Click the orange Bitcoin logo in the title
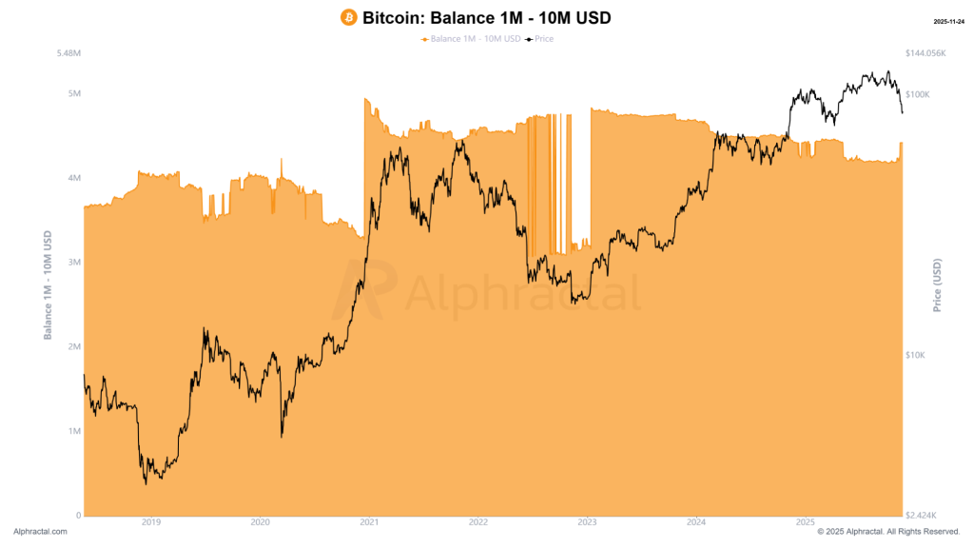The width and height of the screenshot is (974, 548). point(348,18)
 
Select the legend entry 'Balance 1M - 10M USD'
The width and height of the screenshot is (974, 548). point(473,39)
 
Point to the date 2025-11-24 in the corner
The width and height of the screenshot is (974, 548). point(951,20)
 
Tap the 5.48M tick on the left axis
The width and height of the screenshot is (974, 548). point(67,53)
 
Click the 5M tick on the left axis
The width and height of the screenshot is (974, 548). point(71,93)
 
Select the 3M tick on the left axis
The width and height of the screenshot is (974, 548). point(71,263)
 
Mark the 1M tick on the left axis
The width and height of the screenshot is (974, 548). point(71,431)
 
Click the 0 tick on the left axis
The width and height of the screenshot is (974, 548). point(77,516)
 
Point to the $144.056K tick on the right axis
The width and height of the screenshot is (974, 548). point(925,53)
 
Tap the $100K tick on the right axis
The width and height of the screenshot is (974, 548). point(918,94)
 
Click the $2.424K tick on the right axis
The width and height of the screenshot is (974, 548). point(921,516)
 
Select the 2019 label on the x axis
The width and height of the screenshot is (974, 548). point(150,522)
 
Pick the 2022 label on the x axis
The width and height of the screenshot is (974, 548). point(477,522)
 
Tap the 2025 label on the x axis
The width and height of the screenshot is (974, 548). point(805,522)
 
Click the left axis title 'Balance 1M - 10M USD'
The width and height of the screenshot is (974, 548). point(48,284)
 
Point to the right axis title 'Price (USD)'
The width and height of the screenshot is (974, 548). point(937,284)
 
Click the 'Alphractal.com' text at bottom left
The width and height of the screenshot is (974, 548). point(41,532)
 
